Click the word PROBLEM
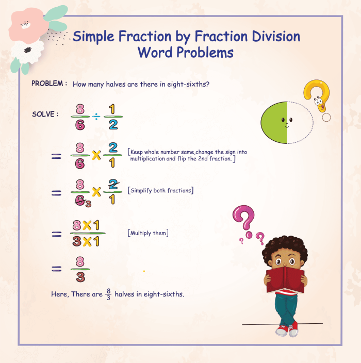(x=47, y=84)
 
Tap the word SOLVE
(x=43, y=114)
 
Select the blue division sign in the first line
(x=96, y=117)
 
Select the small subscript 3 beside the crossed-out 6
(x=88, y=205)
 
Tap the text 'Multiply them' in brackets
(x=148, y=233)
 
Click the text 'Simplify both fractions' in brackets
(x=161, y=190)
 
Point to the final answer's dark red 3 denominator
(x=80, y=276)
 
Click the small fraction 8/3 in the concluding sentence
(x=108, y=294)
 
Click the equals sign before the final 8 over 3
(x=57, y=269)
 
